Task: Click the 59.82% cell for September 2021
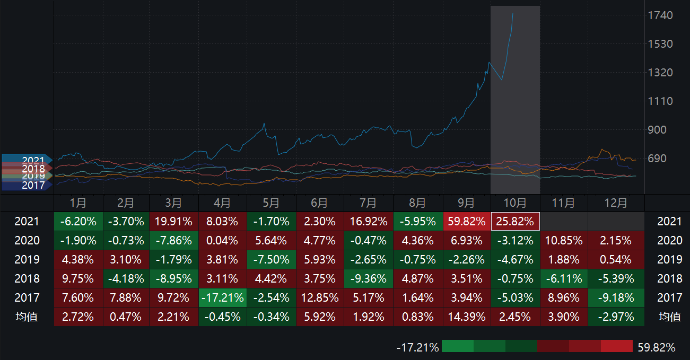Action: (x=467, y=222)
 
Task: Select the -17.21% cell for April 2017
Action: (x=222, y=298)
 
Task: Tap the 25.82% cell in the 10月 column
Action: (x=515, y=222)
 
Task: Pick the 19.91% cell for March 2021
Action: (x=173, y=222)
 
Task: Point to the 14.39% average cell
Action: (x=467, y=317)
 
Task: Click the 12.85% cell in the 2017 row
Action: (x=320, y=298)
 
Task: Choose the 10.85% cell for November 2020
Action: (x=563, y=241)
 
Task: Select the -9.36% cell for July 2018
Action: (x=369, y=279)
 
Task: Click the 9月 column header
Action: (x=466, y=203)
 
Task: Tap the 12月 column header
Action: (x=616, y=203)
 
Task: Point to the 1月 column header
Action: (x=78, y=203)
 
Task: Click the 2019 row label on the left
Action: (x=27, y=260)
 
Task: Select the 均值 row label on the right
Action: (x=669, y=317)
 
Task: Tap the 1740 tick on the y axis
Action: (x=660, y=15)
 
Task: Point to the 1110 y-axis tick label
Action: (x=660, y=101)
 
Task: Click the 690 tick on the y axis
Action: (x=660, y=159)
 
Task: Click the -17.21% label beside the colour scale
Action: (x=418, y=348)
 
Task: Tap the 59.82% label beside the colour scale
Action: (x=657, y=348)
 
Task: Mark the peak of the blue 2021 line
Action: (x=513, y=14)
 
